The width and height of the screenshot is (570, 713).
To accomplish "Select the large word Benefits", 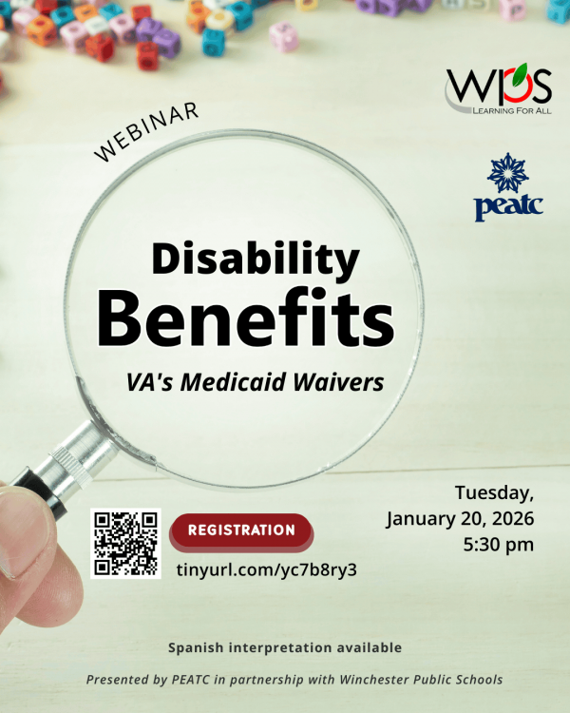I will click(245, 318).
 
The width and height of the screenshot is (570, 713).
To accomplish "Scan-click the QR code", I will click(125, 544).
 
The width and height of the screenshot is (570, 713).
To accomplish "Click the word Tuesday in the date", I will click(493, 493).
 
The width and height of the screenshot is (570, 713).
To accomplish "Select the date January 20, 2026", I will click(460, 519).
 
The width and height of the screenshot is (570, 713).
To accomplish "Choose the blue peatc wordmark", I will click(508, 206).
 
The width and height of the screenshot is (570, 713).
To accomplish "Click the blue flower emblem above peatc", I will click(508, 172).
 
